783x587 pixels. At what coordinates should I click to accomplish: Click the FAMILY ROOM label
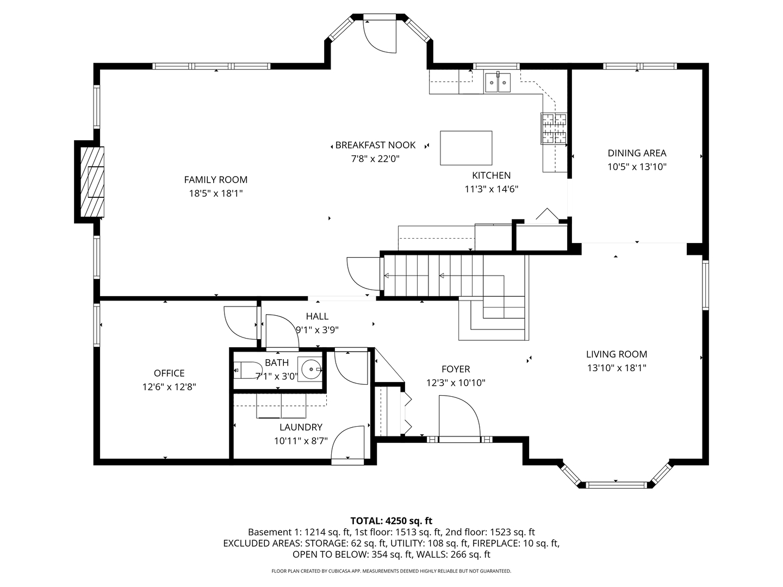215,179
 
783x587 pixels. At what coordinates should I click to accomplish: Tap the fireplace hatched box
92,182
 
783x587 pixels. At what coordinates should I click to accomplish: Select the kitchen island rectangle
466,148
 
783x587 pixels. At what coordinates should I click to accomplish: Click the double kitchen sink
498,82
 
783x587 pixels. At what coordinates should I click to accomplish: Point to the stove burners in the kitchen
554,129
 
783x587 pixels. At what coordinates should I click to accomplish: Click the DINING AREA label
637,153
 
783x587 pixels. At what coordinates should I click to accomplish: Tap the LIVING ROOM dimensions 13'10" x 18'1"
617,367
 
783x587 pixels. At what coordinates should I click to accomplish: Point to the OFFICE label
169,373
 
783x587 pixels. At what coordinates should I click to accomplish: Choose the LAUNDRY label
301,427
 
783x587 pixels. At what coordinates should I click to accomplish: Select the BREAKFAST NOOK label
375,145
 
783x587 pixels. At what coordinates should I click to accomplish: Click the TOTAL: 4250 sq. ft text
391,521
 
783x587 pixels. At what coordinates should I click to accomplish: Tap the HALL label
317,316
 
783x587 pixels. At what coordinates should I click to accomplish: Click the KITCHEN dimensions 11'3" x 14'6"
491,189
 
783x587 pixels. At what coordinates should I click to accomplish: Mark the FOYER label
456,369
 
